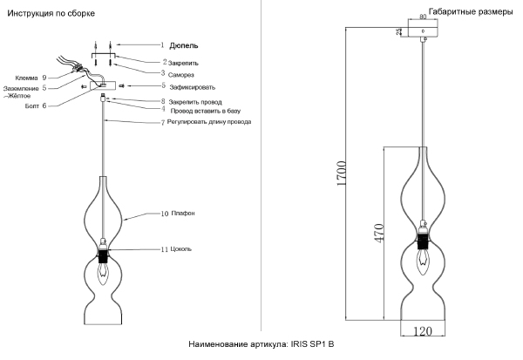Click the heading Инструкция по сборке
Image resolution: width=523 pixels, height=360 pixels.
(x=52, y=15)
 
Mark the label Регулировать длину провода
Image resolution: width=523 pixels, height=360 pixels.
(x=209, y=122)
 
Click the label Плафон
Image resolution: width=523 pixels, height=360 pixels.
(x=182, y=213)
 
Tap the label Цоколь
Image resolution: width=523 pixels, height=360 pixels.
(x=183, y=249)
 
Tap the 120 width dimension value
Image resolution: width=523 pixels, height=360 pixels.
(x=423, y=332)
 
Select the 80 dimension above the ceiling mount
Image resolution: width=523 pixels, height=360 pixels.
(x=423, y=16)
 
